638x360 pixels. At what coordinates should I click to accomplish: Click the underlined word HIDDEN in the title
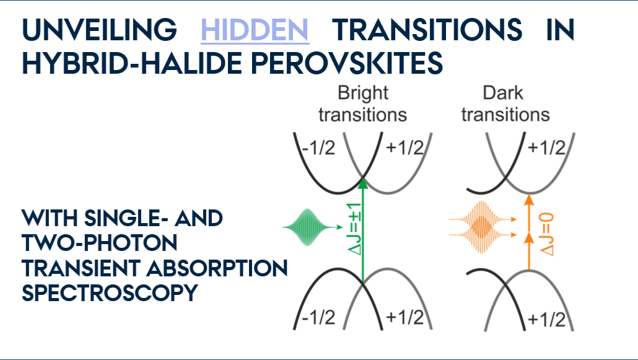(x=255, y=30)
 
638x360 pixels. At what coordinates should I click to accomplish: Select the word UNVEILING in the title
(x=99, y=30)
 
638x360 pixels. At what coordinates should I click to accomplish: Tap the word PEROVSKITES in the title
(x=347, y=63)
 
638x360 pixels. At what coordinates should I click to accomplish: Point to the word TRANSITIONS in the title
(x=427, y=30)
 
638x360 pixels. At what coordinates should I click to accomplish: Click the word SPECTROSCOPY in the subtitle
(x=110, y=293)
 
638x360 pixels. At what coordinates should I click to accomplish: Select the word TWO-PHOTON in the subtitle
(x=100, y=243)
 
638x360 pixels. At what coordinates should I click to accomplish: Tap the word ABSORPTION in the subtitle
(x=217, y=268)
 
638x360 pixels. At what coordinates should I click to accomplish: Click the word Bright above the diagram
(x=363, y=94)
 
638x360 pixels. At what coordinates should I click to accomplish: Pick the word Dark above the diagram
(x=503, y=94)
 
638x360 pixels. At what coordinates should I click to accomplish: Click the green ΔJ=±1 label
(x=354, y=229)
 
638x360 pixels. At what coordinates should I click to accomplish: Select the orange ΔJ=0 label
(x=546, y=234)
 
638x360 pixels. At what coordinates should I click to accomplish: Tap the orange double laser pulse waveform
(x=482, y=227)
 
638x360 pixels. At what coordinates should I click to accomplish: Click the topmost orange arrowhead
(x=528, y=200)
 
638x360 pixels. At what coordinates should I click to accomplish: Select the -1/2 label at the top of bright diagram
(x=318, y=147)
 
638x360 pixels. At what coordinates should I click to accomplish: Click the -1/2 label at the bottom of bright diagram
(x=318, y=317)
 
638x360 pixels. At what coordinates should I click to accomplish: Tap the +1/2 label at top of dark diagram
(x=546, y=147)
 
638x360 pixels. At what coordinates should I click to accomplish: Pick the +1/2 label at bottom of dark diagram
(x=546, y=319)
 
